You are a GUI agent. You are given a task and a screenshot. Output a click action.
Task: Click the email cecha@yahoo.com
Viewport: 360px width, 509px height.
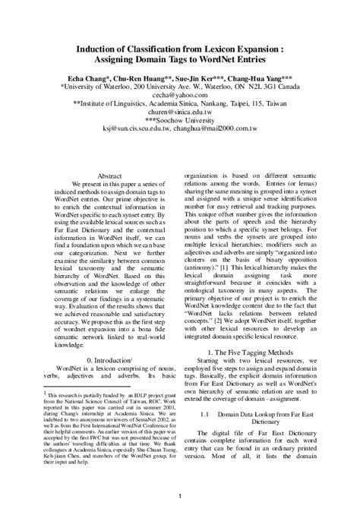(x=179, y=96)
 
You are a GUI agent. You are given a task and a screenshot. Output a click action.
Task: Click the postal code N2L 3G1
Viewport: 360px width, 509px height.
(x=267, y=86)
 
